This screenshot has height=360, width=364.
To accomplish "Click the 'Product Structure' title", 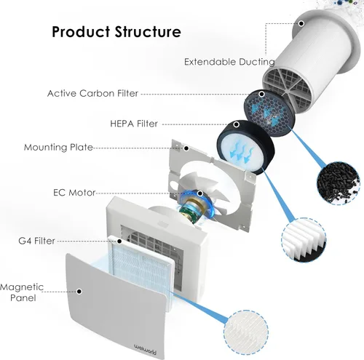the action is coord(116,32).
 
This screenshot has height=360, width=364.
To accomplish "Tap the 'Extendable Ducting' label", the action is coord(229,62).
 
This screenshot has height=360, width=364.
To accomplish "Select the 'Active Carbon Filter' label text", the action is coord(92,93).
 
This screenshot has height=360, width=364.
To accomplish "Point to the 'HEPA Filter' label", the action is coord(134,124).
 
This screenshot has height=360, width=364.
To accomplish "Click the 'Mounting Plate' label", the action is coord(58,148).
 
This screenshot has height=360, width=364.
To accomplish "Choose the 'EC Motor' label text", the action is coord(74,193).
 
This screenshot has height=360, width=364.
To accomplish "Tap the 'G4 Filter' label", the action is coord(36,241).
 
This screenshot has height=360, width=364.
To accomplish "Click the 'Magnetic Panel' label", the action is coord(23,292).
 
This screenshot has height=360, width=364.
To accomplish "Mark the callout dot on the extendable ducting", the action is coord(301,23).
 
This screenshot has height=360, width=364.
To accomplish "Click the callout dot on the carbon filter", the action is coord(261,94).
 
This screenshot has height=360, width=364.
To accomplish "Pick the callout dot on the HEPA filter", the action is coord(237,124).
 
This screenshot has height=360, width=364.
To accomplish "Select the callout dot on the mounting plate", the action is coord(186,148).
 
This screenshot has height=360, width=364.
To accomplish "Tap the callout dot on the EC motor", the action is coord(200,193).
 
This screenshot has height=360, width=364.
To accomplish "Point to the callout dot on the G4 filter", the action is coord(119,241).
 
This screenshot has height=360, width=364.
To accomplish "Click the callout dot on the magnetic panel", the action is coord(79,292).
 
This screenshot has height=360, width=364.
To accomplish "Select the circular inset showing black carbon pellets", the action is coord(339,183).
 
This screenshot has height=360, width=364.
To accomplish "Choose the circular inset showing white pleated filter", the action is coord(304,239).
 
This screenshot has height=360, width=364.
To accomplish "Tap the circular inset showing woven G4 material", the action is coord(246,332).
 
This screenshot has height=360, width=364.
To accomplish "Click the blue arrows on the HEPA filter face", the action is coord(240,152).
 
